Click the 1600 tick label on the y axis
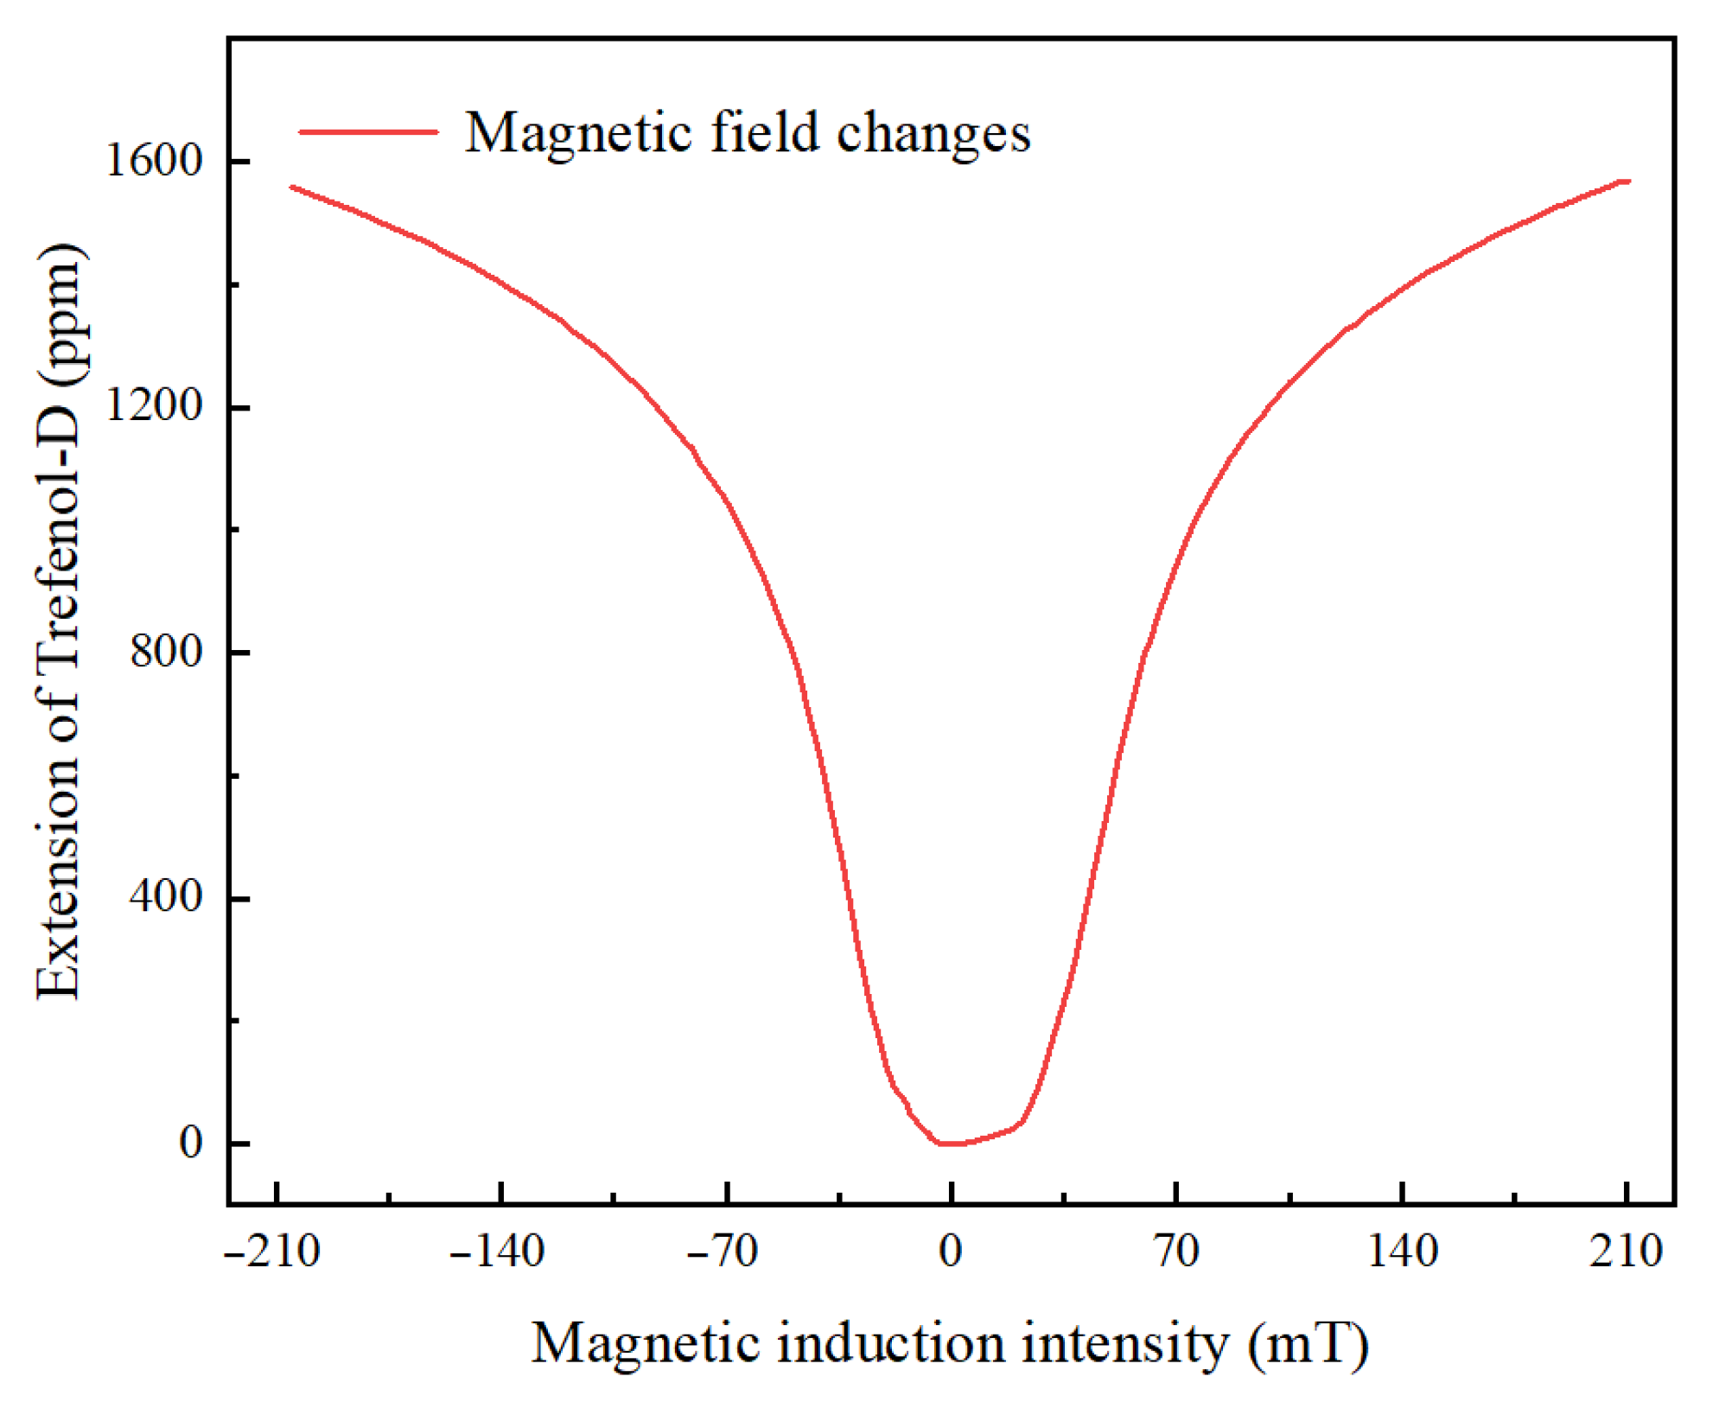click(x=153, y=161)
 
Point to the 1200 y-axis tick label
click(x=153, y=405)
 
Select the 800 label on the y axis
click(x=166, y=651)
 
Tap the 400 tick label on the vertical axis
click(x=166, y=896)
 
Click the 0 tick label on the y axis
click(x=190, y=1143)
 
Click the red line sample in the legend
click(x=368, y=132)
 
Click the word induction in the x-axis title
click(x=891, y=1345)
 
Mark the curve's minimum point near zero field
click(x=951, y=1144)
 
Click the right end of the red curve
click(x=1628, y=182)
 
